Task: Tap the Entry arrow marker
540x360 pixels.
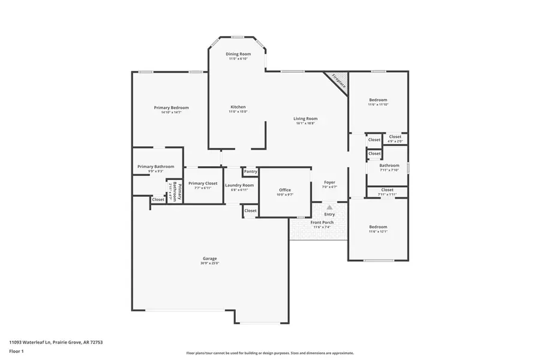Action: (x=329, y=208)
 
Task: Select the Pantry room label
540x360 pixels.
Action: (x=251, y=172)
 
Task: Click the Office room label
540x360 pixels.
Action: (x=284, y=190)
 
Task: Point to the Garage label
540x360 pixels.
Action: (x=209, y=259)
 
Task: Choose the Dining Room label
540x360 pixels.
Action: (x=238, y=54)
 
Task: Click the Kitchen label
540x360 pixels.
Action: (x=238, y=107)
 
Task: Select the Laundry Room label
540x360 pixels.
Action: (x=239, y=185)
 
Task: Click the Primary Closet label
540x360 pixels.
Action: (x=203, y=184)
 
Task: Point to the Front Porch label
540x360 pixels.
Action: (x=322, y=223)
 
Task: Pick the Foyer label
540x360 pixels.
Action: (x=329, y=182)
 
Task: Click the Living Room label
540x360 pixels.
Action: (x=305, y=119)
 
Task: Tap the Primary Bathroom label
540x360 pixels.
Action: (x=156, y=166)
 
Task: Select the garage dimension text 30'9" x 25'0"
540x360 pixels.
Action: (x=209, y=263)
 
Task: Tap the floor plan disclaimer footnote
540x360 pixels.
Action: (x=270, y=353)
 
